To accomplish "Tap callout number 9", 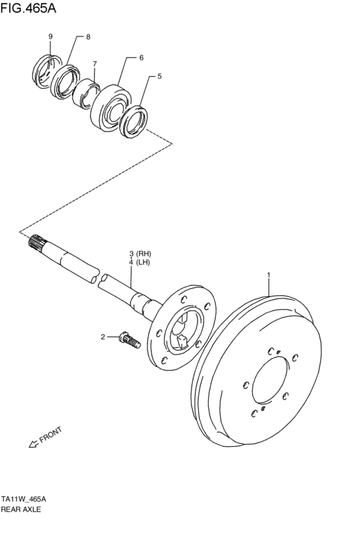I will pyautogui.click(x=50, y=37).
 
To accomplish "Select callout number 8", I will pyautogui.click(x=88, y=37).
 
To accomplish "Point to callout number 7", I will pyautogui.click(x=94, y=64).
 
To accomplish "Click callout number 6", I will pyautogui.click(x=141, y=58).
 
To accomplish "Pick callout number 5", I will pyautogui.click(x=159, y=76).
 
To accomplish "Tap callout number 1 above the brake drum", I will pyautogui.click(x=269, y=276).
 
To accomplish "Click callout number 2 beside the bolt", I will pyautogui.click(x=102, y=336).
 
